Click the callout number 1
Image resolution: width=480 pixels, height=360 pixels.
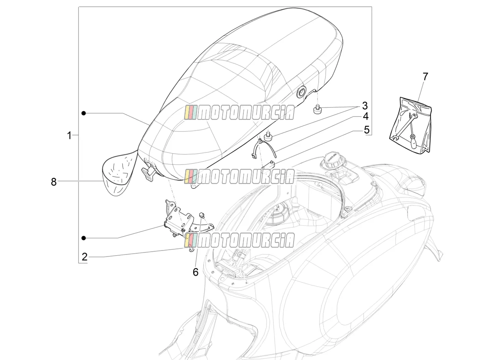[69, 135]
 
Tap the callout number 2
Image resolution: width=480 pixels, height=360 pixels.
[84, 256]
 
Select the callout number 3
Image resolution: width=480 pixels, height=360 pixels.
[365, 106]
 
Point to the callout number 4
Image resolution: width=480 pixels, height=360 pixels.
[365, 117]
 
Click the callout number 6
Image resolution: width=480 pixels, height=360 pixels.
[196, 272]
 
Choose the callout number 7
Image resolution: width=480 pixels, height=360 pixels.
[425, 77]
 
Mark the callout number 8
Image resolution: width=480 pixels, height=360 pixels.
[53, 182]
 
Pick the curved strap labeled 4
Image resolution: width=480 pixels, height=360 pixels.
[263, 149]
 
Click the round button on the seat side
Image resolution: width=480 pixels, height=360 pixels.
[300, 94]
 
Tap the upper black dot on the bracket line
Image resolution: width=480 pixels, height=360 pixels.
[84, 113]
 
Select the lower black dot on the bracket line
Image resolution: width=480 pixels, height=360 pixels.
[84, 238]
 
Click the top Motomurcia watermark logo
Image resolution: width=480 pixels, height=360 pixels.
[239, 113]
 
